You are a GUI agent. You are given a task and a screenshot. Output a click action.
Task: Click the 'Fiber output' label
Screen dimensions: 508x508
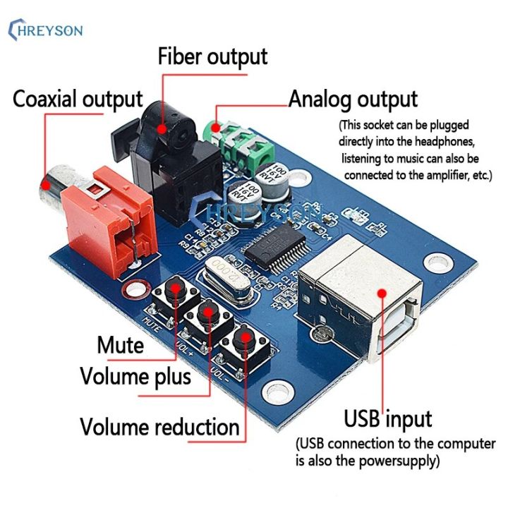click(212, 56)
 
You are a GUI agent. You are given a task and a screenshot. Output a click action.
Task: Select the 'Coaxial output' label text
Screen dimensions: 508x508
click(78, 99)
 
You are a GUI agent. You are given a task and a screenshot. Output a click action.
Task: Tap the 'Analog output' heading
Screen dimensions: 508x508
click(353, 99)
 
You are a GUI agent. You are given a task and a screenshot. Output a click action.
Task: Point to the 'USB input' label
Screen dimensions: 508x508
click(387, 418)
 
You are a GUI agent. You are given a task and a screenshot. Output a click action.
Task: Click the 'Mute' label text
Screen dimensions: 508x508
click(120, 346)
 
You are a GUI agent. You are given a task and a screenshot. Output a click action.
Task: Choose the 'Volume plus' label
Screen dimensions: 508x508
click(135, 376)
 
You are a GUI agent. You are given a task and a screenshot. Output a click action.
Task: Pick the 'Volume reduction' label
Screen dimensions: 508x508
click(159, 427)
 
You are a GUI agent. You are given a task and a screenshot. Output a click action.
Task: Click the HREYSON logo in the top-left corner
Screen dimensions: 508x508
click(45, 30)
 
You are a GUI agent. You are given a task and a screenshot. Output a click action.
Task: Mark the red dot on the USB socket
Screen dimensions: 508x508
click(380, 296)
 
